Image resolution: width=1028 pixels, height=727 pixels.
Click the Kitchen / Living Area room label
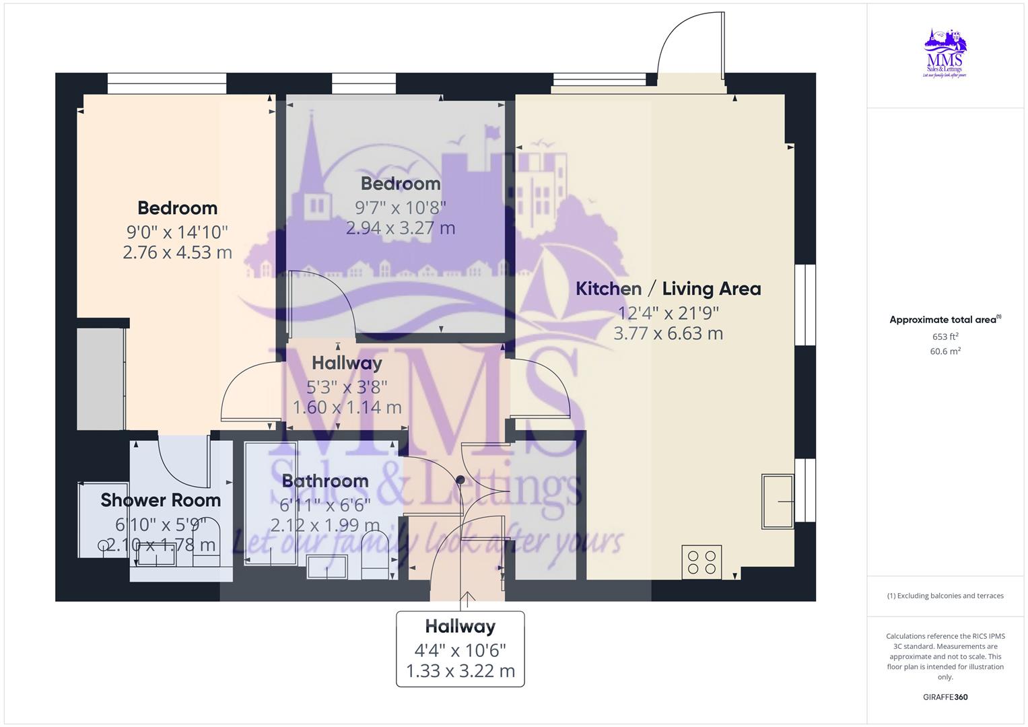[x=668, y=289]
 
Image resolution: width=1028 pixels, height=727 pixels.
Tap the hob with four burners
[x=702, y=562]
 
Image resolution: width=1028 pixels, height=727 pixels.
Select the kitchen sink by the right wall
[x=778, y=501]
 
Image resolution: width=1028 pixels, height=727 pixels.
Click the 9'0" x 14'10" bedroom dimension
[x=177, y=232]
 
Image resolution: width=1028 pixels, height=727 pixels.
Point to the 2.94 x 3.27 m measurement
[x=401, y=228]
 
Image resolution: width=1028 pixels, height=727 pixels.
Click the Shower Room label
[x=160, y=500]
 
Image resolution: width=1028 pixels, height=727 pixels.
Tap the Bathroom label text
[x=325, y=481]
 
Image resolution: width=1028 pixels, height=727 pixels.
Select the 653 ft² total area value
[x=945, y=337]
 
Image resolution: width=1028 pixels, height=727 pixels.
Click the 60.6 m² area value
[x=945, y=351]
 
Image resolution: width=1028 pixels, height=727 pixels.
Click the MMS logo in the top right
[x=945, y=53]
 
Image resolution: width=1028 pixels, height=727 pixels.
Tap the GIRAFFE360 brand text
[x=945, y=697]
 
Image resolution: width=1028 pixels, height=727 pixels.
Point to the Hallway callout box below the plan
[x=460, y=649]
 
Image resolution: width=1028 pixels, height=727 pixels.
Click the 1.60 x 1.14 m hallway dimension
[x=347, y=407]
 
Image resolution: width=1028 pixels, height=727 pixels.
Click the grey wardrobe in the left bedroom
[x=100, y=378]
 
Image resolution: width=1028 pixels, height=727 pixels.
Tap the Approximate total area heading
[x=945, y=320]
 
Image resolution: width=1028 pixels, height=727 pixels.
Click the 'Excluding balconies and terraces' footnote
[x=945, y=596]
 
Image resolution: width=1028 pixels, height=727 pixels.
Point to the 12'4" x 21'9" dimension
[x=669, y=313]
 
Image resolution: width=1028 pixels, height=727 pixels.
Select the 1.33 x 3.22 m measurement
[x=460, y=671]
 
